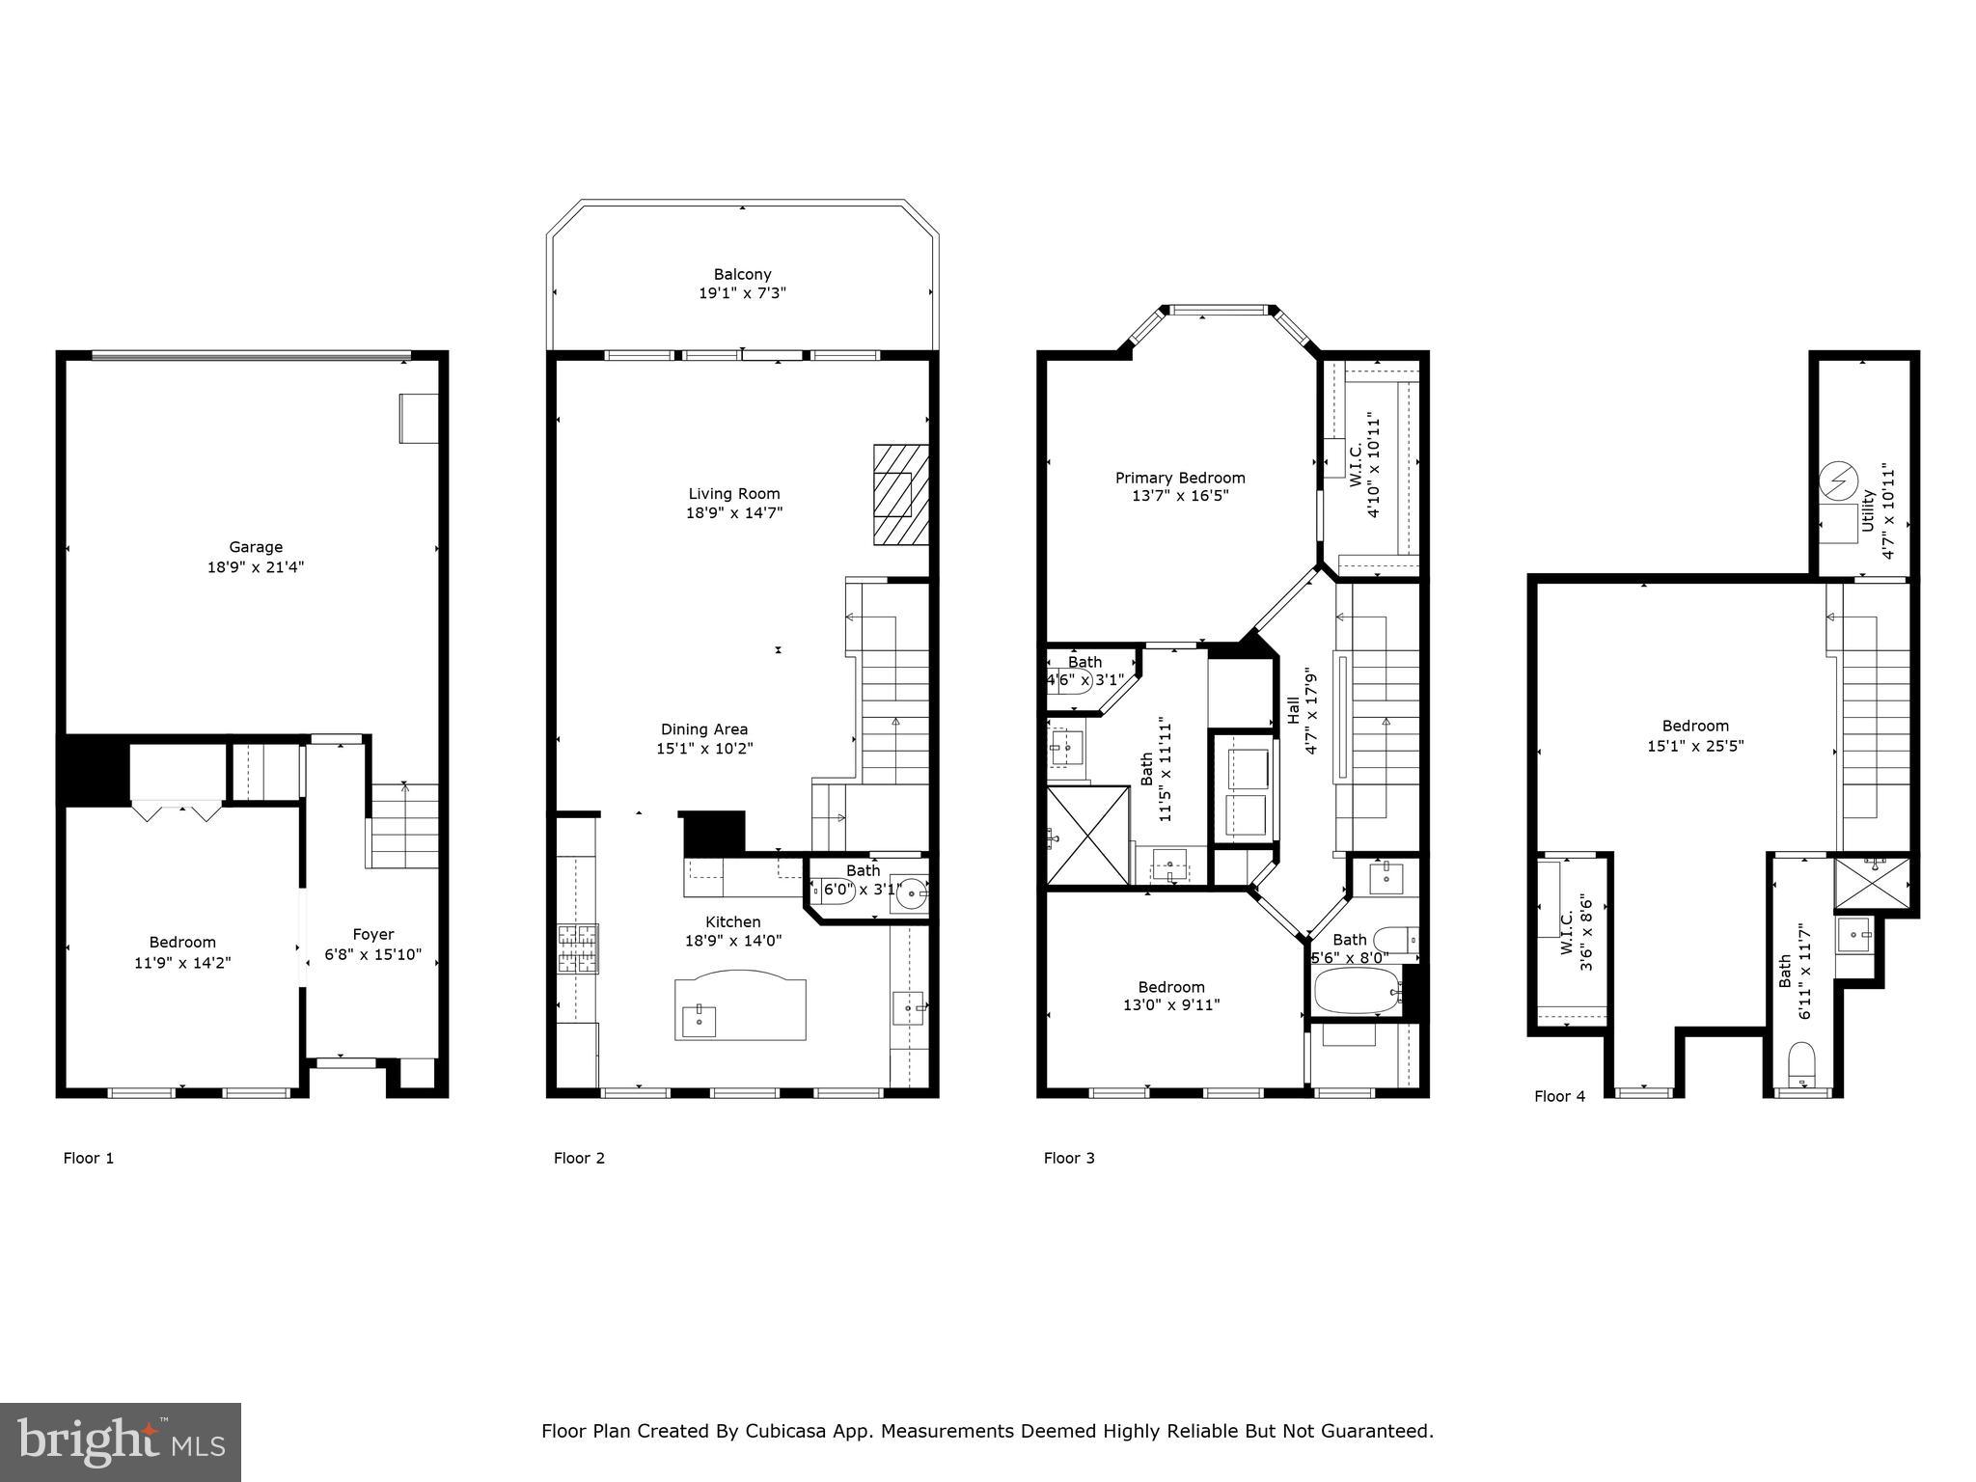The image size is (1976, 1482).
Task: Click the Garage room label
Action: (x=256, y=547)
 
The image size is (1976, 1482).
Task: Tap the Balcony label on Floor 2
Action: (x=742, y=274)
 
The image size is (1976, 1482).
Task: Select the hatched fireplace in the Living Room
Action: (x=901, y=494)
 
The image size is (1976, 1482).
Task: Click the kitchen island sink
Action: (x=699, y=1020)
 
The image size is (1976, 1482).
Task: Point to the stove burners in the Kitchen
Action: (x=577, y=948)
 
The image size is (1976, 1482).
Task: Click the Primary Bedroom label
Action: (x=1180, y=478)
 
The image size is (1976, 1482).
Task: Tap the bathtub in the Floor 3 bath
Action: (x=1357, y=991)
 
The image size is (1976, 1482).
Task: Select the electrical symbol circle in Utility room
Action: (x=1837, y=480)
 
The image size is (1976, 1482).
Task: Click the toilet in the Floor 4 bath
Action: (x=1801, y=1065)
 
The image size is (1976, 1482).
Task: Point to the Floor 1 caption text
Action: (x=89, y=1158)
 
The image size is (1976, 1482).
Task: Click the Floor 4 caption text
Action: (x=1559, y=1096)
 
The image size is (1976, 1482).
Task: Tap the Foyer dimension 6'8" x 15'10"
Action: (x=373, y=954)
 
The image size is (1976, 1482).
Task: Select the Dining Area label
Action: (x=704, y=729)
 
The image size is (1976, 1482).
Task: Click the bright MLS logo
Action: (x=121, y=1442)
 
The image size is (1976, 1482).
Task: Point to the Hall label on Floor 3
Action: (x=1293, y=710)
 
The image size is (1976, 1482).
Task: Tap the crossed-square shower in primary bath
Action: (x=1087, y=836)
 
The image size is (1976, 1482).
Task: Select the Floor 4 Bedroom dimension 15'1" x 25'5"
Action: (x=1695, y=746)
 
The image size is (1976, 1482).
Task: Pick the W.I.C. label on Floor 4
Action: (x=1567, y=932)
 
